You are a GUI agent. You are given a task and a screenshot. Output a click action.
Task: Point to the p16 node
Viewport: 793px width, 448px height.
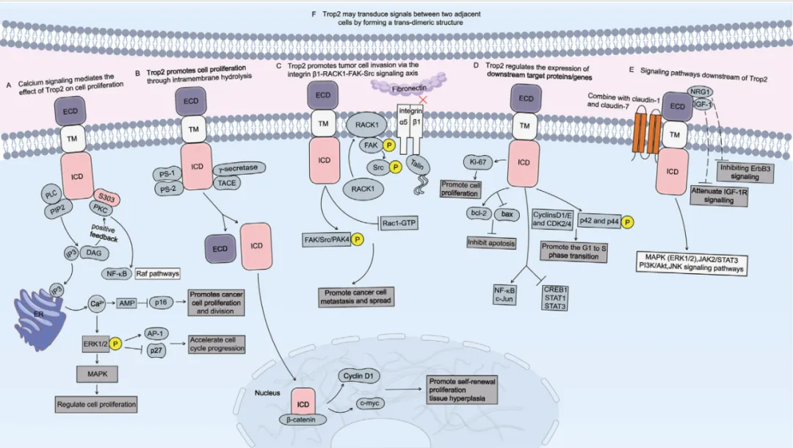pos(164,302)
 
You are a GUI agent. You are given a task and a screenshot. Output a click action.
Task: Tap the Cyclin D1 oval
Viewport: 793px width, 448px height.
pos(361,377)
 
